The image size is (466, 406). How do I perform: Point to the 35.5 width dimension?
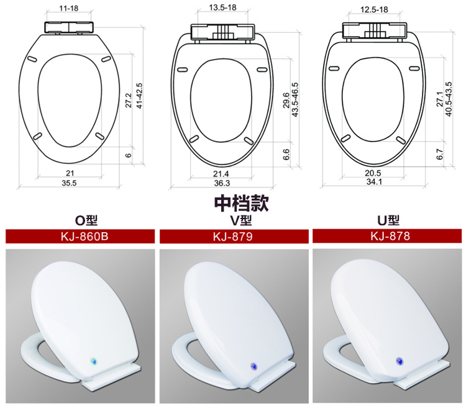click(68, 183)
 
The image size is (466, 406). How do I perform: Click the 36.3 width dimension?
click(222, 183)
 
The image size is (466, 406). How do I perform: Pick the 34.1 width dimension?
click(374, 183)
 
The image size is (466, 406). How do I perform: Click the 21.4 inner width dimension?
click(222, 173)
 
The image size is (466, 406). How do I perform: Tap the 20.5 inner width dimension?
click(373, 172)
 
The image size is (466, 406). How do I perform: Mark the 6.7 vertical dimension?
click(440, 155)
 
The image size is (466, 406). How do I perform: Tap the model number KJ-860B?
click(80, 237)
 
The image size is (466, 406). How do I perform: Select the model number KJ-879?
click(232, 237)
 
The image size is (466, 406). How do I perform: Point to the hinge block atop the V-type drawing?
click(222, 31)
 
